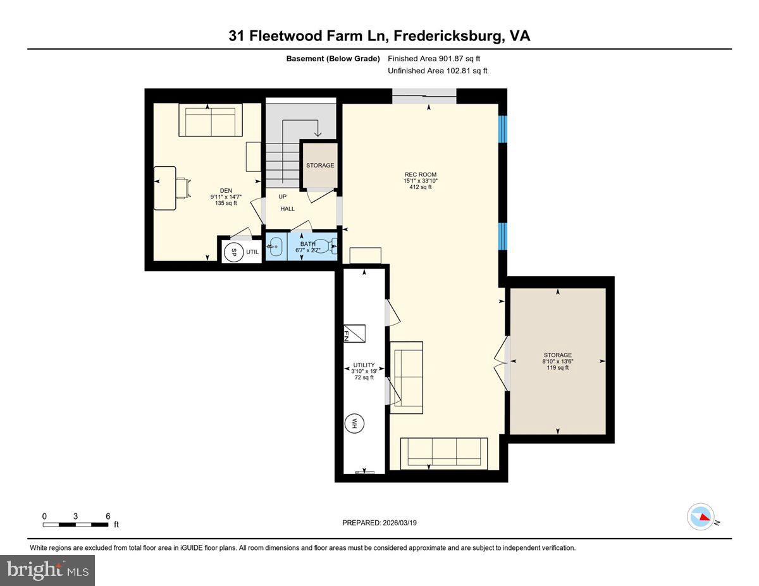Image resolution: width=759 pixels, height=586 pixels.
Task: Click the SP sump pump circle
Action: tap(233, 252)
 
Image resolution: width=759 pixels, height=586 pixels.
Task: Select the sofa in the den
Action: tap(210, 120)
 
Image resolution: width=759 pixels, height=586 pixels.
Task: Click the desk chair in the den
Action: tap(183, 188)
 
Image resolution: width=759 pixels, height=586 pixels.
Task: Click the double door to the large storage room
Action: tap(503, 363)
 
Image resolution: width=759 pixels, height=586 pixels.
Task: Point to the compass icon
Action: tap(701, 516)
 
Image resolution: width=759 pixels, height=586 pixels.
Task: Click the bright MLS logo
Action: tap(47, 570)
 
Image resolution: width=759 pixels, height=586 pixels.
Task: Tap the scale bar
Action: tap(76, 524)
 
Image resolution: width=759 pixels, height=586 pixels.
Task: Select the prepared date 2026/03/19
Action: tap(379, 523)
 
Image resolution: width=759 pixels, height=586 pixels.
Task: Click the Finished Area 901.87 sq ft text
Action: tap(438, 59)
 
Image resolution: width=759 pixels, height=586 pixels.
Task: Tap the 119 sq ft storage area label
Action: tap(557, 367)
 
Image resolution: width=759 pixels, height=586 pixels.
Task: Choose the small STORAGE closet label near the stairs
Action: tap(320, 166)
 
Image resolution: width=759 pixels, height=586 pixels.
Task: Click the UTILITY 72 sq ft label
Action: tap(364, 371)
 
